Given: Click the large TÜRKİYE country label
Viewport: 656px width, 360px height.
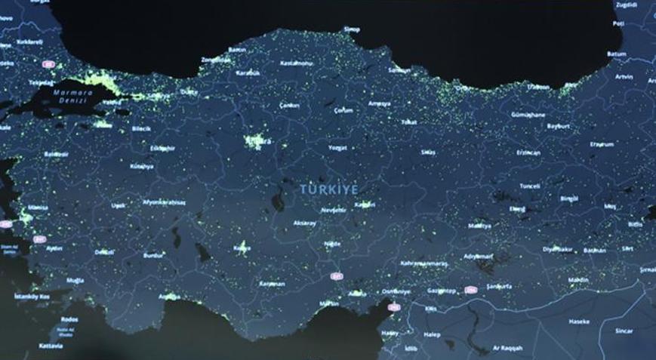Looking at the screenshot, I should (329, 189).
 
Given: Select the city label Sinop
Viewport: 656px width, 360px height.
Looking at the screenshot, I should (352, 29).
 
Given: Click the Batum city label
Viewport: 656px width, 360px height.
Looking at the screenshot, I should (617, 54).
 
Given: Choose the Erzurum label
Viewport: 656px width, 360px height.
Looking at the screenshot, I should (602, 143).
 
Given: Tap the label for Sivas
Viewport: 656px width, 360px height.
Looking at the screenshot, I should (428, 152).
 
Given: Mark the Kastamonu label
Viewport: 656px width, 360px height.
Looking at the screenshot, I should (297, 63).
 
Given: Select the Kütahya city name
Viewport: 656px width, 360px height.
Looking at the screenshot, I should (141, 165).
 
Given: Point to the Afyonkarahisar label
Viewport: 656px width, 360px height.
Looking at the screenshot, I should (165, 202).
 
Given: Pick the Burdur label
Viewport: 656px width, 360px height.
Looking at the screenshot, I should (152, 255).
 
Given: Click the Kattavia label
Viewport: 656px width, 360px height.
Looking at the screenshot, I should (51, 346).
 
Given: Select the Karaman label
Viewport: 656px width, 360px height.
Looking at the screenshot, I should (272, 284).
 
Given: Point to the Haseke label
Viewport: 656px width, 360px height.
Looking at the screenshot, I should (580, 322).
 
